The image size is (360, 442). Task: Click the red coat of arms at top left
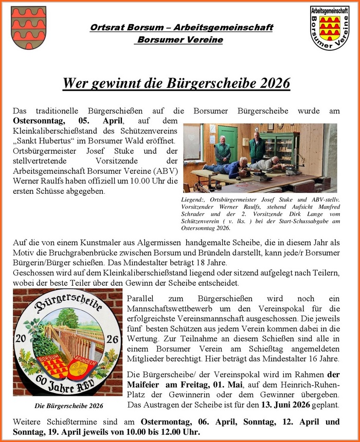28,27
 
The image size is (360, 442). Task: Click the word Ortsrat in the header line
105,28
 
